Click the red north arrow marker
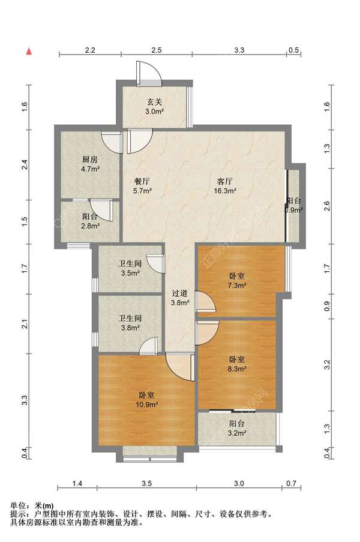tap(29, 52)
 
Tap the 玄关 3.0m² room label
tap(154, 107)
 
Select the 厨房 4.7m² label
tap(90, 164)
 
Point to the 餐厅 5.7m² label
tap(142, 185)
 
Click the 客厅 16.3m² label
tap(225, 185)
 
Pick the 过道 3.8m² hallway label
tap(180, 298)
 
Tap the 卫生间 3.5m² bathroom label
tap(130, 268)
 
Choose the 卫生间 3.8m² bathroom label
tap(130, 323)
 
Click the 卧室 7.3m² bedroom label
tap(237, 281)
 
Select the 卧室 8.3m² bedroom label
tap(237, 364)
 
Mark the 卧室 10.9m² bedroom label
tap(147, 400)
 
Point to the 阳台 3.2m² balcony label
tap(237, 428)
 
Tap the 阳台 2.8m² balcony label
tap(90, 221)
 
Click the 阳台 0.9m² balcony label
tap(293, 205)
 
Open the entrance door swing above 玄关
tap(149, 74)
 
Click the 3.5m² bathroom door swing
tap(155, 263)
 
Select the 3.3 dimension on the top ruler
tap(239, 50)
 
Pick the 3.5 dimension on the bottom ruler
tap(147, 483)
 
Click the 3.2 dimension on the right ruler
tap(327, 364)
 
